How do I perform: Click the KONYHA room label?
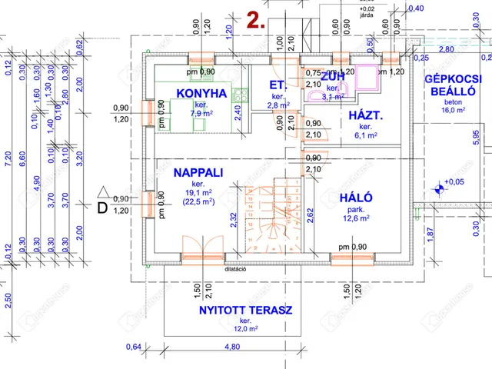201,94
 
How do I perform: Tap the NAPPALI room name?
198,173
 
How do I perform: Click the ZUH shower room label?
332,77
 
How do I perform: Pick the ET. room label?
278,85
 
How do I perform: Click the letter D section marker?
101,206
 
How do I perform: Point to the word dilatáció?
236,269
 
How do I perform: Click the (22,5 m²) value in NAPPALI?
198,202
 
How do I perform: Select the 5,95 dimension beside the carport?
477,137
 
